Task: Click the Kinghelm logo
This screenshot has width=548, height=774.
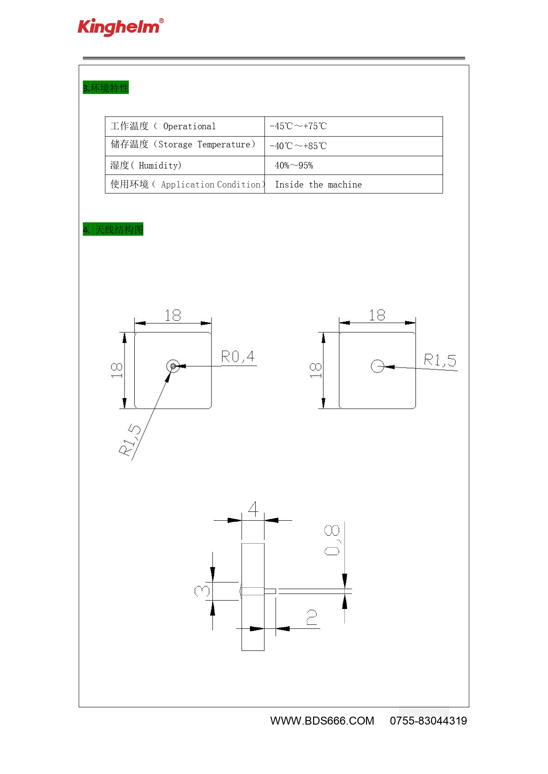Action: pyautogui.click(x=121, y=27)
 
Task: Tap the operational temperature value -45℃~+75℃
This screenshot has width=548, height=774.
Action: pyautogui.click(x=298, y=126)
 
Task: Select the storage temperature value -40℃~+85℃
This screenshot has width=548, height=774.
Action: pyautogui.click(x=298, y=146)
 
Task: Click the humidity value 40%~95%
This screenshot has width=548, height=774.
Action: pyautogui.click(x=294, y=165)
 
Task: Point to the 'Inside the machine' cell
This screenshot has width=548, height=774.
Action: pyautogui.click(x=318, y=184)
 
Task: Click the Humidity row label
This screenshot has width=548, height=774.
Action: pyautogui.click(x=146, y=165)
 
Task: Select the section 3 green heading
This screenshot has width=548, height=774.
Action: pyautogui.click(x=106, y=88)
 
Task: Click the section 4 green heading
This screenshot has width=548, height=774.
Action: pyautogui.click(x=113, y=229)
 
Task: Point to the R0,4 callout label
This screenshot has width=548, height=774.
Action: pyautogui.click(x=238, y=356)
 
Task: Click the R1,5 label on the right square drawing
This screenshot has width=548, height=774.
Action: pyautogui.click(x=440, y=360)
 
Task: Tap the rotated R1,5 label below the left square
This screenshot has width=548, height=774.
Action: pyautogui.click(x=130, y=440)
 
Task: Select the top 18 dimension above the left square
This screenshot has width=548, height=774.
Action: pyautogui.click(x=173, y=315)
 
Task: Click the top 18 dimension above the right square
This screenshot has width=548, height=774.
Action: pyautogui.click(x=377, y=315)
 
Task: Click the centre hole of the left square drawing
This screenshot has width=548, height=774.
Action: pyautogui.click(x=173, y=366)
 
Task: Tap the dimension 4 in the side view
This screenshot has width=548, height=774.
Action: pyautogui.click(x=253, y=508)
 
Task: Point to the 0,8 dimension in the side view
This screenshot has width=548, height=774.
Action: pyautogui.click(x=332, y=540)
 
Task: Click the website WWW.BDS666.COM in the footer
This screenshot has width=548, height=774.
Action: pyautogui.click(x=322, y=721)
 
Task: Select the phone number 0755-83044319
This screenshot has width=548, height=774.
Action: pyautogui.click(x=428, y=721)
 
